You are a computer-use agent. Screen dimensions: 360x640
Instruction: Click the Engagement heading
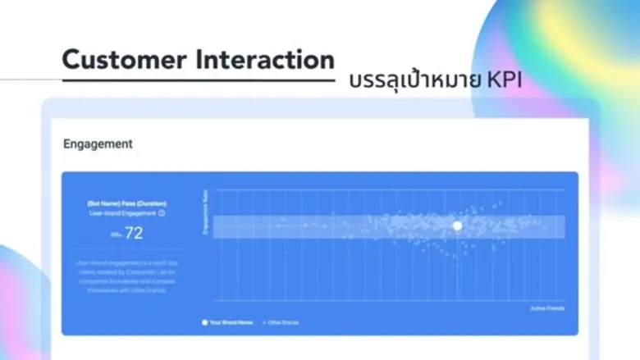click(x=98, y=144)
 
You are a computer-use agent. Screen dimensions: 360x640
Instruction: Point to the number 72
click(x=134, y=234)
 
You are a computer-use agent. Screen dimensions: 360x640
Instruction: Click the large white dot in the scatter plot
click(x=457, y=226)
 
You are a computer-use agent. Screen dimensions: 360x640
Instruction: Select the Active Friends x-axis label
click(x=547, y=308)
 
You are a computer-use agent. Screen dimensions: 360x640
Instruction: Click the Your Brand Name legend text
click(x=231, y=322)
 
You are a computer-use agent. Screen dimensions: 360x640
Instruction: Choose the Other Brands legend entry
click(x=281, y=322)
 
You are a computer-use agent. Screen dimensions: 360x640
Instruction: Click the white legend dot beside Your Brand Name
click(x=205, y=322)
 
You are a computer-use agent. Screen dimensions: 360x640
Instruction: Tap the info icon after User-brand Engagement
click(x=162, y=213)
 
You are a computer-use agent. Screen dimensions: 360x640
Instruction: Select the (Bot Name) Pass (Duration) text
click(x=126, y=203)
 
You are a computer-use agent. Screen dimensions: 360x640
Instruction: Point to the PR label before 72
click(x=116, y=235)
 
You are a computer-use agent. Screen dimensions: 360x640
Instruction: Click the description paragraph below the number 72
click(x=126, y=276)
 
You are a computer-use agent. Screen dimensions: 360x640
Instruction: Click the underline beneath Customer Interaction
click(x=197, y=80)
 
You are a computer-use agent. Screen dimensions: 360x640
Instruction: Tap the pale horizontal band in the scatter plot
click(x=328, y=226)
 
